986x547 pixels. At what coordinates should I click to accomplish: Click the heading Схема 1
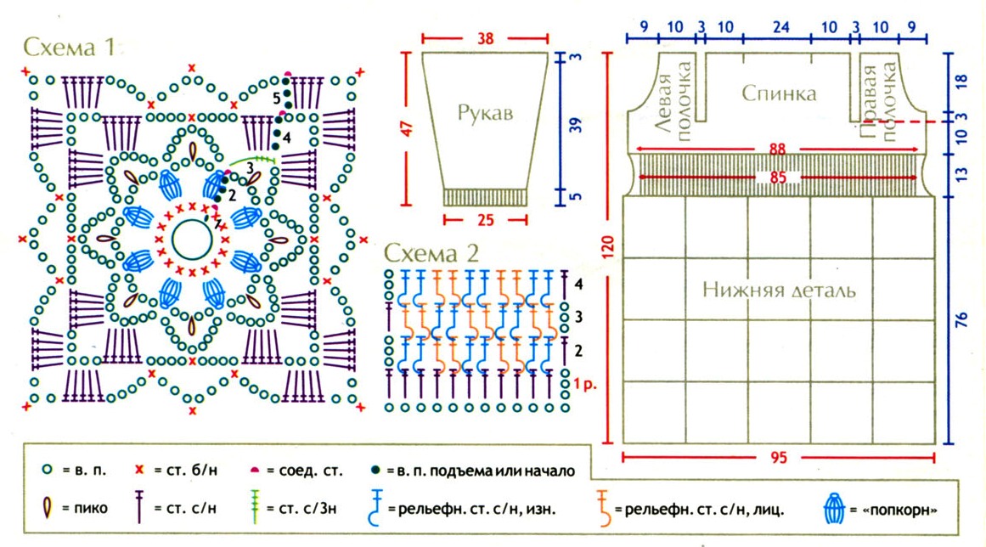click(68, 47)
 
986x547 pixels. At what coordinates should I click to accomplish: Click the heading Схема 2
click(431, 252)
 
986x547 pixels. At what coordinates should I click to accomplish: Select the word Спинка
click(779, 93)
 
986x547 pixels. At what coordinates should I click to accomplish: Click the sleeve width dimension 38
click(486, 39)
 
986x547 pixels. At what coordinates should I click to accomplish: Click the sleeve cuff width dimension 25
click(485, 220)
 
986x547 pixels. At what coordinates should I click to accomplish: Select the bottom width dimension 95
click(778, 459)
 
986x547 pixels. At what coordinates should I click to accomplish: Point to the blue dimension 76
click(962, 320)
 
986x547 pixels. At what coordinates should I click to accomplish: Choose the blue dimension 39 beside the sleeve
click(577, 126)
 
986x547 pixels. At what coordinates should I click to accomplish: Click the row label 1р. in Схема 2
click(586, 383)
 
